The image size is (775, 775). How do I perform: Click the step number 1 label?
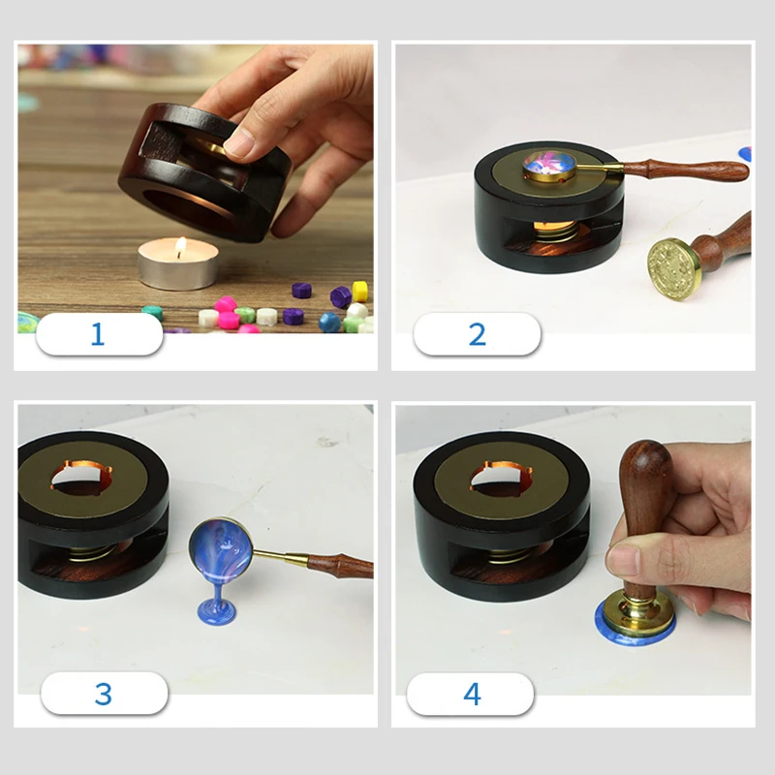pyautogui.click(x=98, y=334)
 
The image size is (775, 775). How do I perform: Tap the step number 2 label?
pyautogui.click(x=477, y=334)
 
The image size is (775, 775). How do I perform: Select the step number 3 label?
pyautogui.click(x=104, y=694)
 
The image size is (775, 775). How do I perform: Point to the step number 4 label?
pyautogui.click(x=472, y=694)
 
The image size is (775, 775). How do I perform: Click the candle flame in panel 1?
pyautogui.click(x=181, y=247)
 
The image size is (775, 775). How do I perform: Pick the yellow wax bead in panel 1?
pyautogui.click(x=360, y=292)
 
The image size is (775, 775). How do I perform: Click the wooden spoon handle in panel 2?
pyautogui.click(x=686, y=170)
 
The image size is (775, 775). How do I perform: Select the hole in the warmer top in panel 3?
pyautogui.click(x=80, y=479)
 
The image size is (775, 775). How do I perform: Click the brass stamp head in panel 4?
pyautogui.click(x=638, y=613)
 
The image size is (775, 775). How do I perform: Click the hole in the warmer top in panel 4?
pyautogui.click(x=501, y=479)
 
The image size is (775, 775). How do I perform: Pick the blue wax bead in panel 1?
pyautogui.click(x=329, y=323)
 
